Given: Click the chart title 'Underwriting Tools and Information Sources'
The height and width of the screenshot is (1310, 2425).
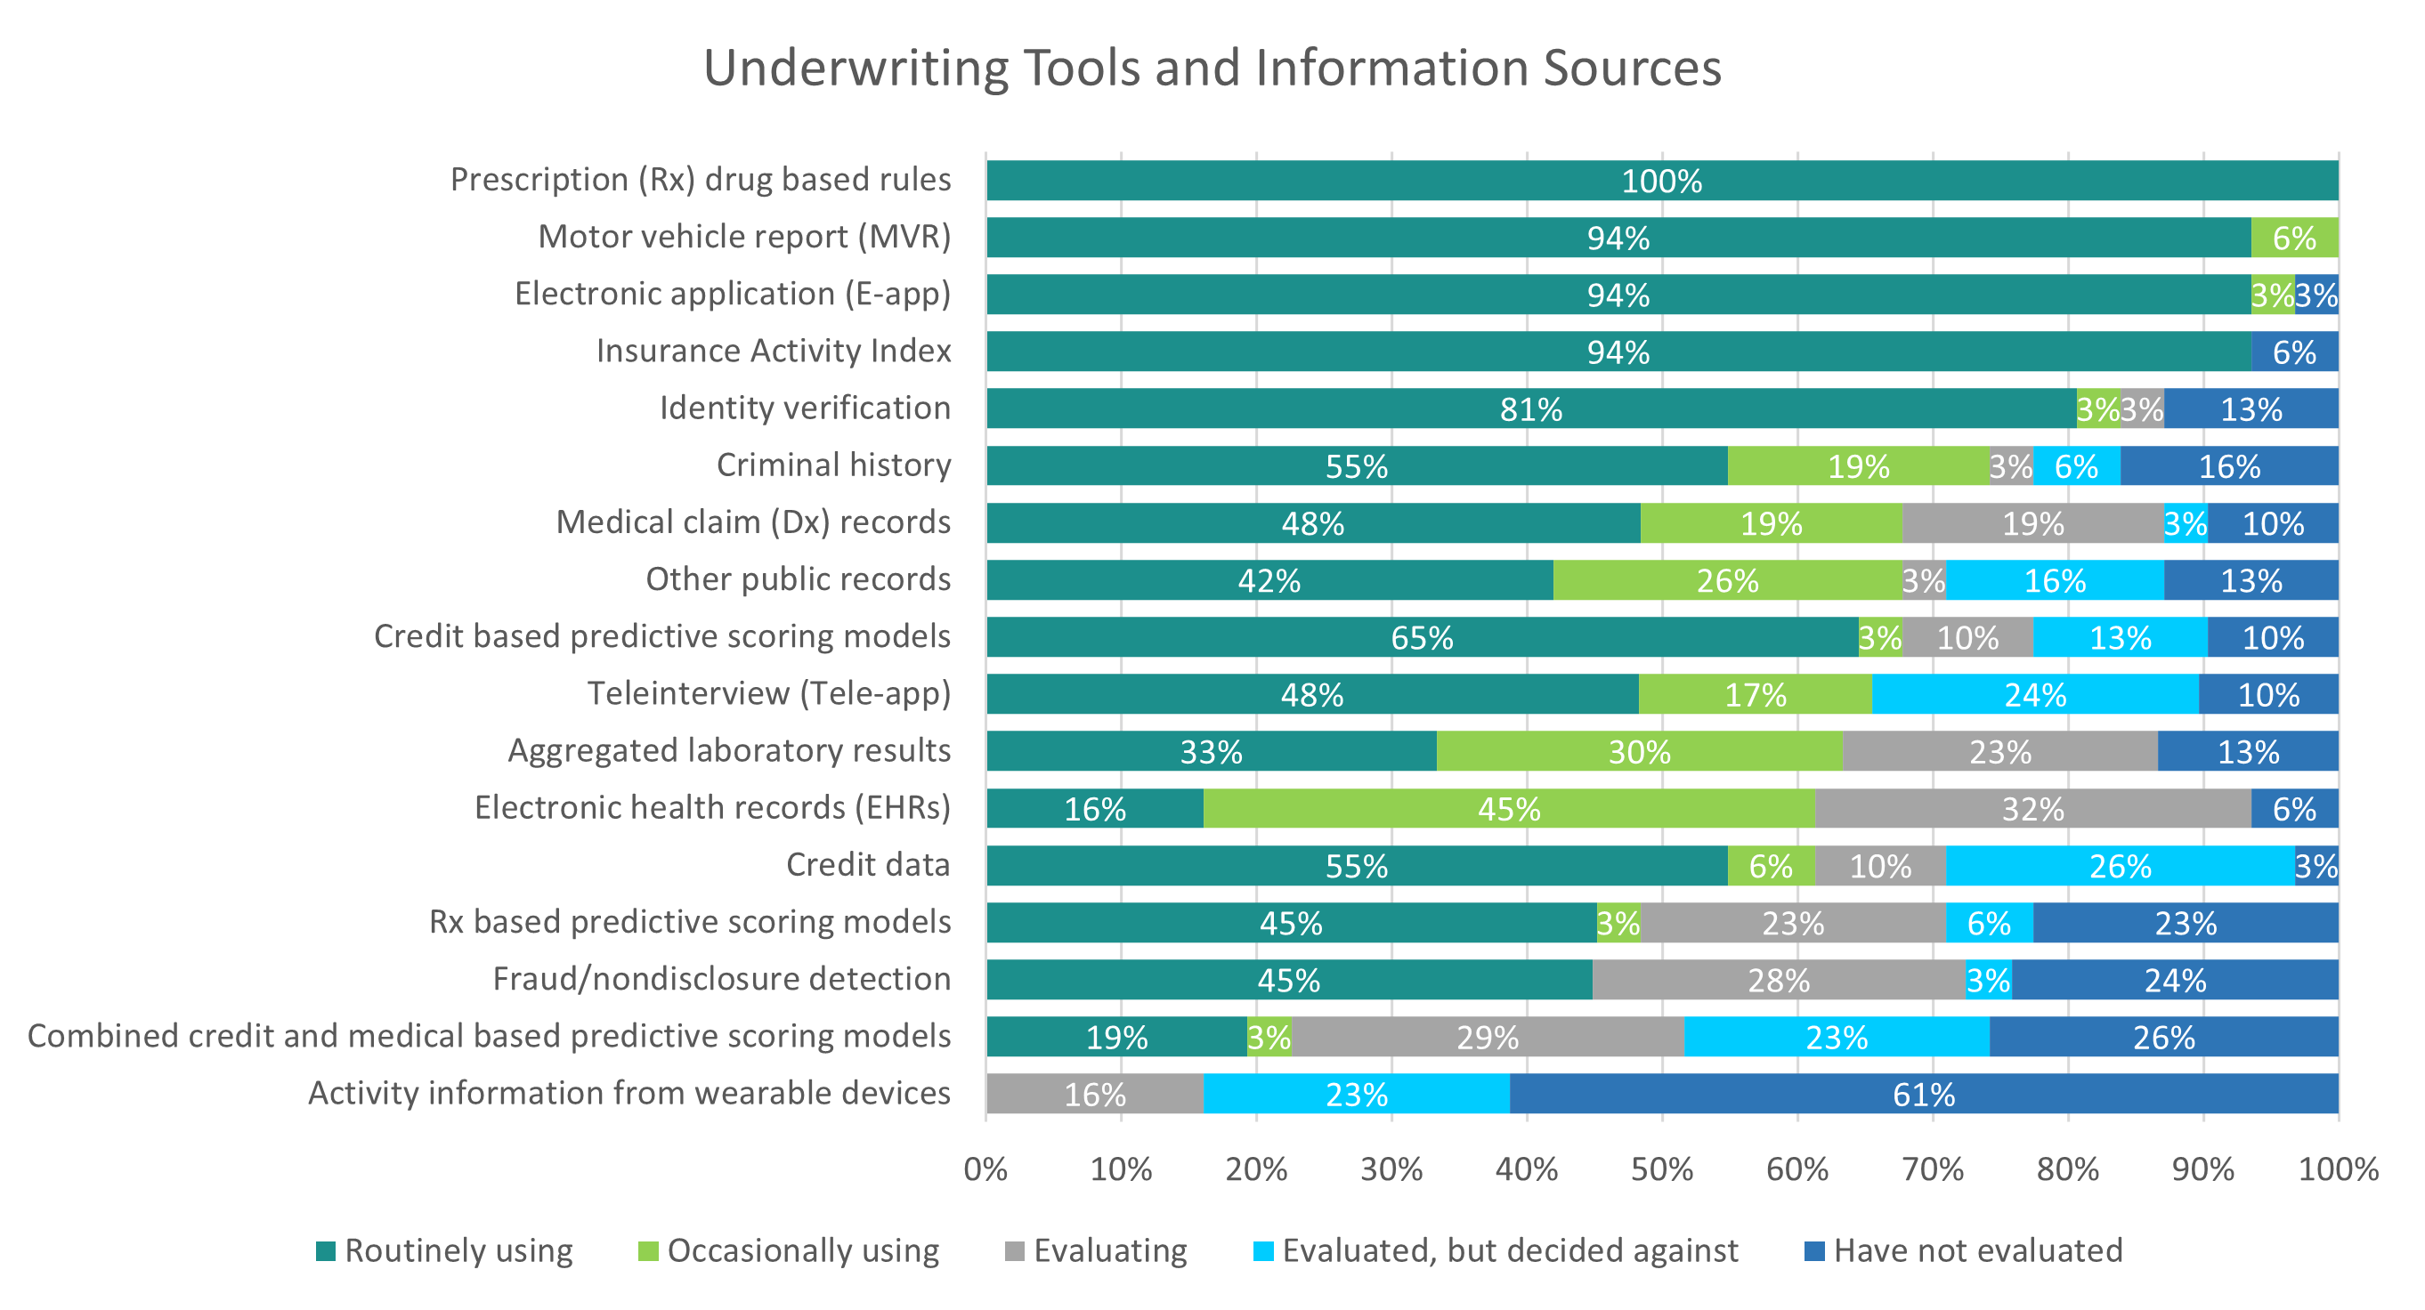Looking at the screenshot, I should pyautogui.click(x=1212, y=68).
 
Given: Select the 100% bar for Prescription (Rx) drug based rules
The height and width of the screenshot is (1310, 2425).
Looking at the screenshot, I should pyautogui.click(x=1661, y=181).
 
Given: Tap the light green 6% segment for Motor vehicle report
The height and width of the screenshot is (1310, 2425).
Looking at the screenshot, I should pyautogui.click(x=2294, y=239).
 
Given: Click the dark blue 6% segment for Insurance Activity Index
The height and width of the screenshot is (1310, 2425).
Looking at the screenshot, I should pyautogui.click(x=2294, y=352).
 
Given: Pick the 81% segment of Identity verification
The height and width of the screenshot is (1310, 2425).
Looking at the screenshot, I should pyautogui.click(x=1530, y=409).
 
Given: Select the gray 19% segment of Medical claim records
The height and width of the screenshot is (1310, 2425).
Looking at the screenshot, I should pyautogui.click(x=2032, y=523).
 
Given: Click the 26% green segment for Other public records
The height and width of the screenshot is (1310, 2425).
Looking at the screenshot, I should pyautogui.click(x=1727, y=580).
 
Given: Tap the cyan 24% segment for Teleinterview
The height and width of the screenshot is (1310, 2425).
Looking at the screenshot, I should pyautogui.click(x=2035, y=694).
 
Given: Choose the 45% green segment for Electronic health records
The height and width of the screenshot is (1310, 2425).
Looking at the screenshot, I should pyautogui.click(x=1508, y=809).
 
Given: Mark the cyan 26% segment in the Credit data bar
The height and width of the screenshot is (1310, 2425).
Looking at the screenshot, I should pyautogui.click(x=2120, y=866).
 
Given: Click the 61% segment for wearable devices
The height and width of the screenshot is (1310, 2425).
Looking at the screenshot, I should pyautogui.click(x=1923, y=1095).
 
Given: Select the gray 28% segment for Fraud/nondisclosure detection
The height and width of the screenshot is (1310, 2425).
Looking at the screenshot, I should pyautogui.click(x=1779, y=981).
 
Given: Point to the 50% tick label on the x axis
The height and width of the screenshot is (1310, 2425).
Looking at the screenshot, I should pyautogui.click(x=1661, y=1169).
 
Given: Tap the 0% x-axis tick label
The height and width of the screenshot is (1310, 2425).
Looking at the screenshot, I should pyautogui.click(x=985, y=1169).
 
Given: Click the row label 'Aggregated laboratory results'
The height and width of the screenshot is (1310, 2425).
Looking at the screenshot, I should pyautogui.click(x=728, y=751).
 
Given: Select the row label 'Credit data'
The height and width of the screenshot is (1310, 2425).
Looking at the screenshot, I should pyautogui.click(x=868, y=865).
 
